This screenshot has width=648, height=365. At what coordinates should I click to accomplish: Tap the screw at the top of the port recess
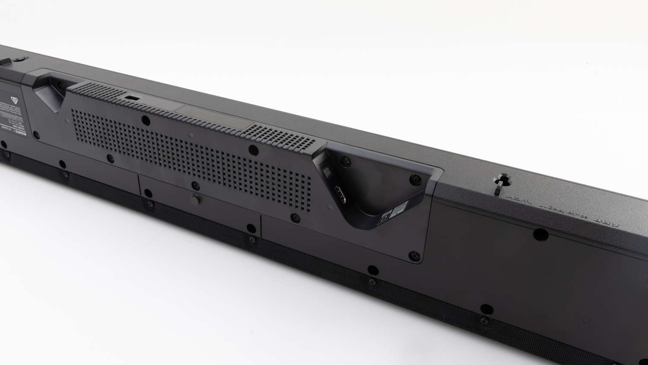coord(346,161)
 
